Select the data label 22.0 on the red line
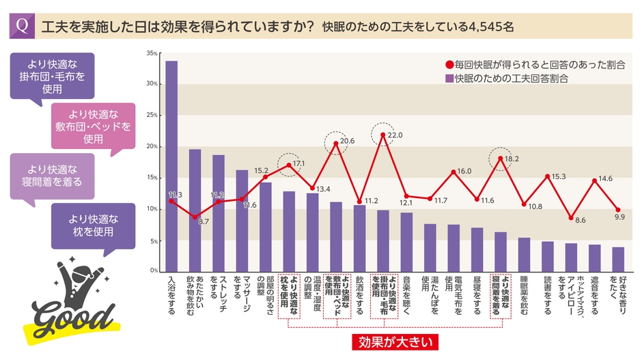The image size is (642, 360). (x=395, y=135)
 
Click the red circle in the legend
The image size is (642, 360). (x=449, y=65)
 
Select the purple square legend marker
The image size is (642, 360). (x=449, y=79)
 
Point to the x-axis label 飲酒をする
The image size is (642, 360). (x=359, y=294)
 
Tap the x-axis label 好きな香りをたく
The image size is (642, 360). (x=617, y=290)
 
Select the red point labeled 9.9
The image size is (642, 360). (x=617, y=210)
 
